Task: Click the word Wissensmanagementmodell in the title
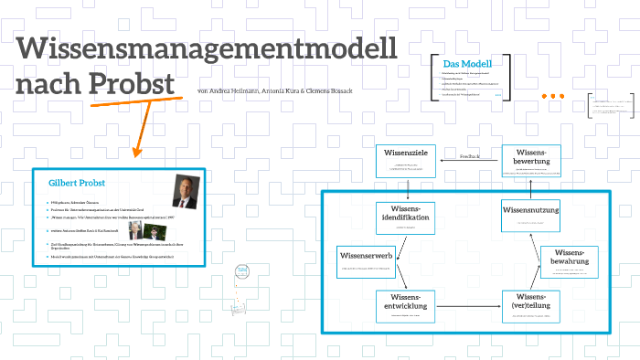click(207, 48)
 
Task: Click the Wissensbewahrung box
click(569, 262)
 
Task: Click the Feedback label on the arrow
click(469, 156)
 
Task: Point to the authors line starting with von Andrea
click(268, 91)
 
